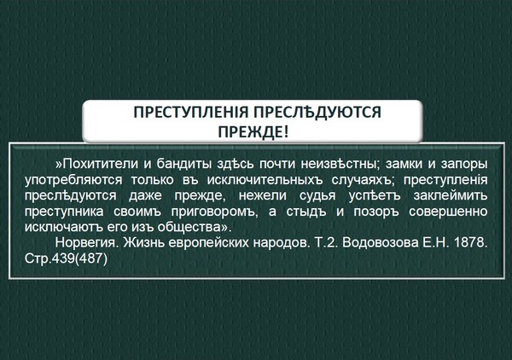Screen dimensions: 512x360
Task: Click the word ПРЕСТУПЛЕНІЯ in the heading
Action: [191, 113]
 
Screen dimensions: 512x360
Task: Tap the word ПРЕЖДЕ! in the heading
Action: [253, 132]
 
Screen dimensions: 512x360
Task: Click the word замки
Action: [402, 164]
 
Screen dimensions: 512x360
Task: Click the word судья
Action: [317, 196]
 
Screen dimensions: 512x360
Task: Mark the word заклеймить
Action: [451, 196]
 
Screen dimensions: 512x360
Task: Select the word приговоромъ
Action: [214, 212]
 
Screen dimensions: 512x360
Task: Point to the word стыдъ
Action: [306, 212]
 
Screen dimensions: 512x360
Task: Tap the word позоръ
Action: [376, 212]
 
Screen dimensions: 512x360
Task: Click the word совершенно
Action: [448, 212]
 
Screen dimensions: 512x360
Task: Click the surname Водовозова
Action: [381, 243]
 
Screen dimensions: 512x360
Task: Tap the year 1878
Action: [470, 243]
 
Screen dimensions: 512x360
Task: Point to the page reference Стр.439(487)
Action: [66, 259]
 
